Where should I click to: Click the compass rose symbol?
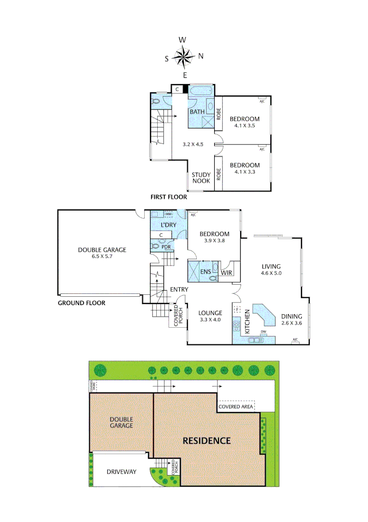[x=183, y=57]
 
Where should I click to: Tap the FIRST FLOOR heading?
[x=169, y=197]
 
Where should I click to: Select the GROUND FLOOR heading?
[x=82, y=304]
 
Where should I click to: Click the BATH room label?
[x=197, y=112]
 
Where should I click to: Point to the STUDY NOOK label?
[x=201, y=178]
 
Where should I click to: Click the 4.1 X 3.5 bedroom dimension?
[x=245, y=126]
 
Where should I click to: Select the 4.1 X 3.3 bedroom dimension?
[x=245, y=172]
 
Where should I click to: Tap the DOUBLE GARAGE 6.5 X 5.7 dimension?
[x=102, y=257]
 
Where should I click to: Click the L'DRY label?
[x=169, y=226]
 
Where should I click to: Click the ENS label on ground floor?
[x=205, y=273]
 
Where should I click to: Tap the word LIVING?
[x=271, y=266]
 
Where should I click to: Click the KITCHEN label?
[x=246, y=322]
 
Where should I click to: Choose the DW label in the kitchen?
[x=263, y=332]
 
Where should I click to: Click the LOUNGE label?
[x=210, y=313]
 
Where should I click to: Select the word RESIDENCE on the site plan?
[x=206, y=441]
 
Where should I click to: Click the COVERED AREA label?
[x=236, y=407]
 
